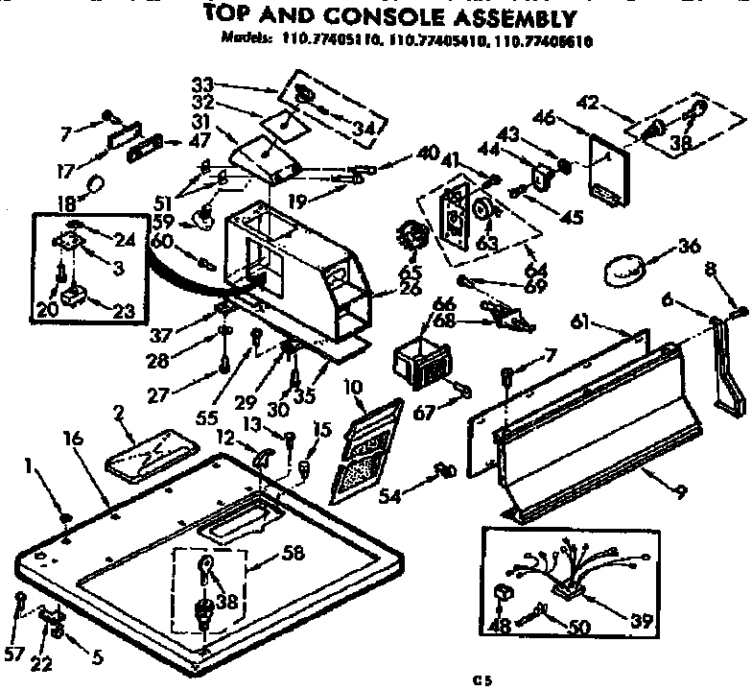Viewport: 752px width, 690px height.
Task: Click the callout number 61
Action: (582, 320)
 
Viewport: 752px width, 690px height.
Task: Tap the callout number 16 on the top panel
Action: (73, 439)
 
